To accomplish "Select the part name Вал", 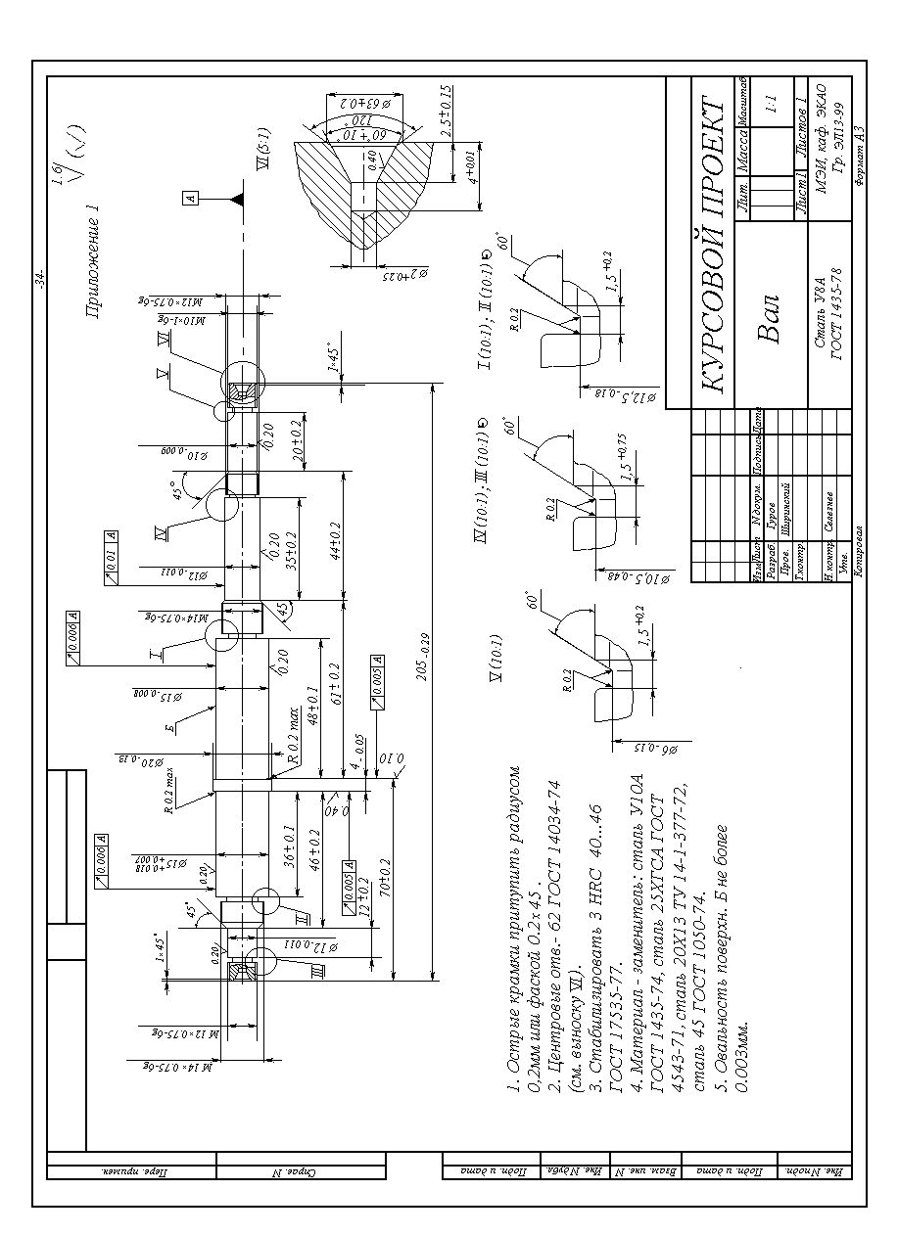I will pyautogui.click(x=768, y=319).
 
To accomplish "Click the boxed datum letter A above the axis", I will pyautogui.click(x=191, y=199).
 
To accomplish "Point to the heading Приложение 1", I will pyautogui.click(x=92, y=263).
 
